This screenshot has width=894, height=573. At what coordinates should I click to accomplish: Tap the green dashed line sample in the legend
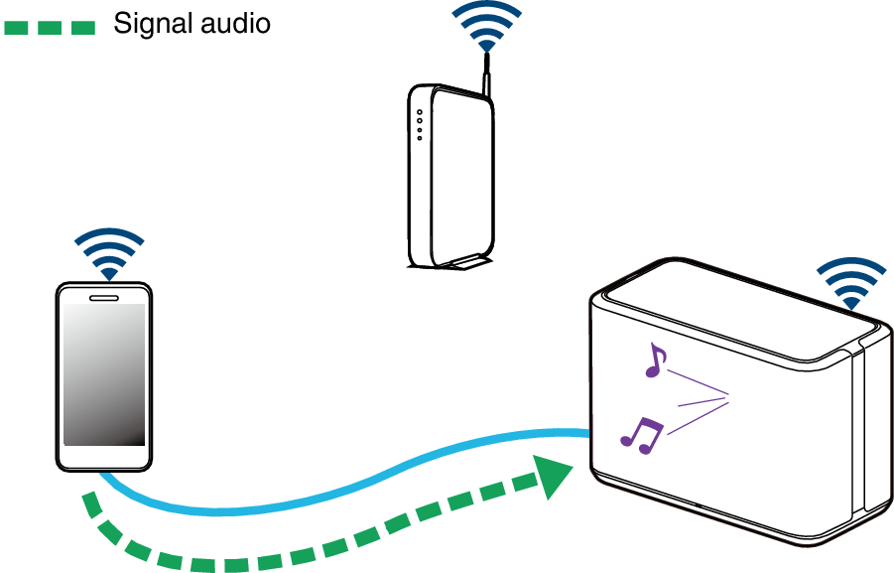coord(49,27)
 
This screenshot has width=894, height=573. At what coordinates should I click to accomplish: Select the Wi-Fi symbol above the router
coord(486,28)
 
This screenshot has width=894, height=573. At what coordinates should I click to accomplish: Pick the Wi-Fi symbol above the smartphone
coord(109,254)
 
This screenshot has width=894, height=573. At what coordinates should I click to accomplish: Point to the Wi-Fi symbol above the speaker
coord(849,283)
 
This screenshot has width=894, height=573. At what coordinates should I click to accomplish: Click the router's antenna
coord(487,77)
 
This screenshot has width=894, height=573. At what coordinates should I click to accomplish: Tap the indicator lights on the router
coord(420,124)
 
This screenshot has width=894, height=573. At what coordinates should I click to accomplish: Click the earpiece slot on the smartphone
coord(104,296)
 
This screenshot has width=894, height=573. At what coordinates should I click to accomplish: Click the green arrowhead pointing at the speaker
coord(552,477)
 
